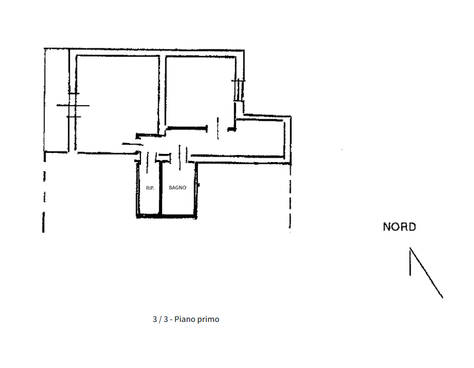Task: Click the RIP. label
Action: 150,188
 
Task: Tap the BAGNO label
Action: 177,188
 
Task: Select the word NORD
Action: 399,227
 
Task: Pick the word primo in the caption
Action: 209,319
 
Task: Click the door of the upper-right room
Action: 217,128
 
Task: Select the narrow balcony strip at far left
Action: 56,100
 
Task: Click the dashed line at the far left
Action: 43,195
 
